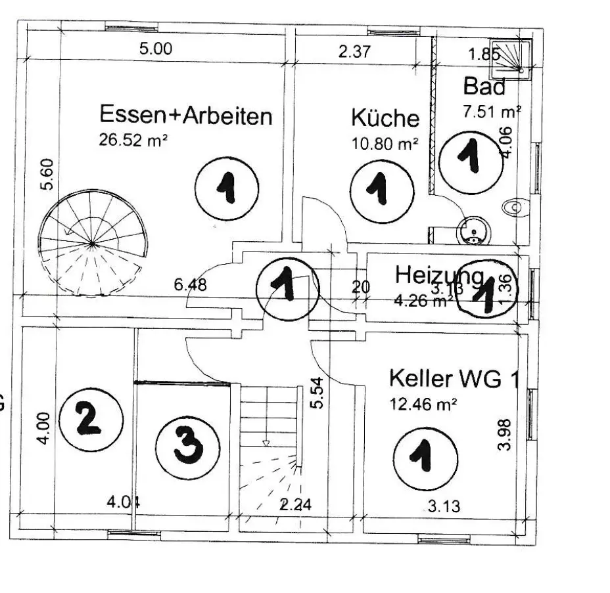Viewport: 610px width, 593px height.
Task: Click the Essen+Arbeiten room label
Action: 185,116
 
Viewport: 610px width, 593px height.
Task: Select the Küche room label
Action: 385,118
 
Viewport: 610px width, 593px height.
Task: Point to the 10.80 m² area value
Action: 385,144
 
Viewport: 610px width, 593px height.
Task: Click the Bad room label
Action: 484,86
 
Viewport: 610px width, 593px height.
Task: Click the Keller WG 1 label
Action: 454,379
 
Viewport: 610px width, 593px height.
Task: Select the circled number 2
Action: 91,418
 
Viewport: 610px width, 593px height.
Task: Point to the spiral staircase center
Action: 91,244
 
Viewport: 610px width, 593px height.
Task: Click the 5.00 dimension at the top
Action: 156,49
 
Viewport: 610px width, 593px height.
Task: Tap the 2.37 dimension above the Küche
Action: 354,53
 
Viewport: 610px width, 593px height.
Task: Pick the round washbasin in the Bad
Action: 471,231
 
